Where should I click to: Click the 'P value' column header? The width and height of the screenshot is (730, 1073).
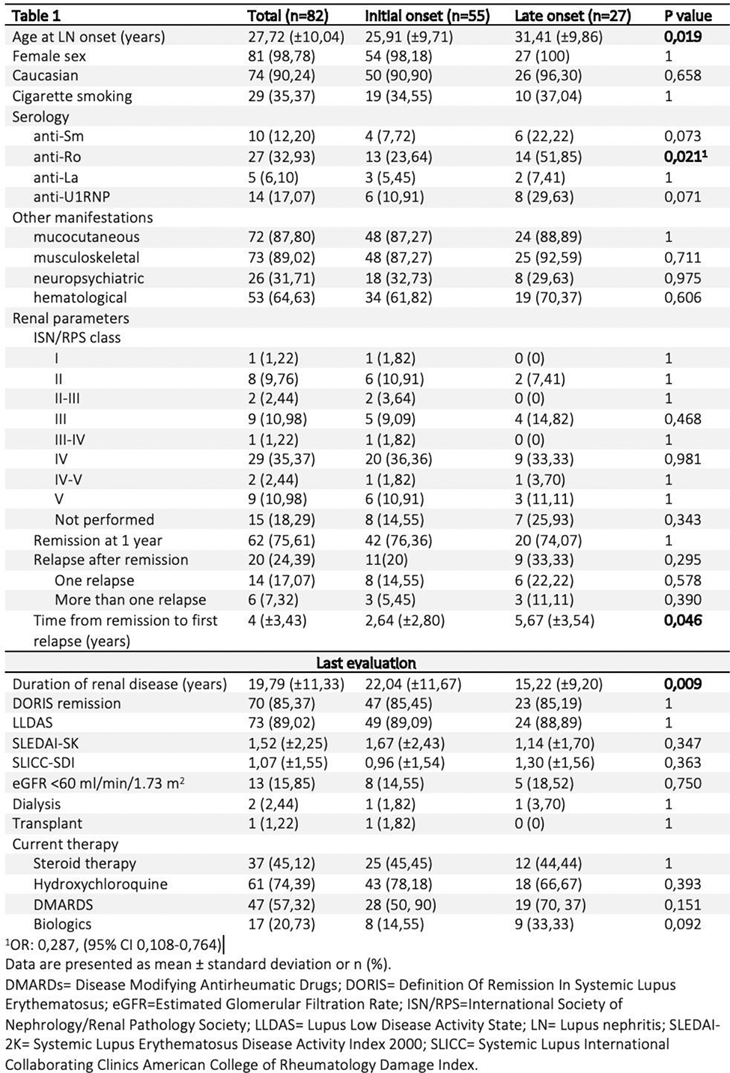pyautogui.click(x=687, y=16)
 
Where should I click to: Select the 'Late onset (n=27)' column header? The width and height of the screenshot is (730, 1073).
pyautogui.click(x=573, y=16)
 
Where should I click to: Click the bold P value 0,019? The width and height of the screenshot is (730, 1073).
pyautogui.click(x=684, y=36)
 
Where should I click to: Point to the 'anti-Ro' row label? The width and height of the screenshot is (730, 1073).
pyautogui.click(x=57, y=157)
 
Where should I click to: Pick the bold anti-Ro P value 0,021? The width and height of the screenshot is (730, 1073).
pyautogui.click(x=685, y=157)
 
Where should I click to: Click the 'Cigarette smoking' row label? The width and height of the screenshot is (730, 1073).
pyautogui.click(x=72, y=96)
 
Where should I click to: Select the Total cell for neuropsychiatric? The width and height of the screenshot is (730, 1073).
pyautogui.click(x=282, y=278)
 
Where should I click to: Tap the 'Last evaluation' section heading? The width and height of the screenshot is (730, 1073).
pyautogui.click(x=365, y=663)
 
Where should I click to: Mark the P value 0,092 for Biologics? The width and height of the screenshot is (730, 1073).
pyautogui.click(x=683, y=924)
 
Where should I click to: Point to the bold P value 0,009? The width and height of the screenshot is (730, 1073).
pyautogui.click(x=684, y=683)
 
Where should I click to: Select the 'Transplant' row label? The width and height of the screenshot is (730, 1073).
pyautogui.click(x=47, y=823)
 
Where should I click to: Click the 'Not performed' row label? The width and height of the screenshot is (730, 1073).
pyautogui.click(x=104, y=520)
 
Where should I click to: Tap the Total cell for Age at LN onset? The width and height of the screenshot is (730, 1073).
pyautogui.click(x=296, y=36)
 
